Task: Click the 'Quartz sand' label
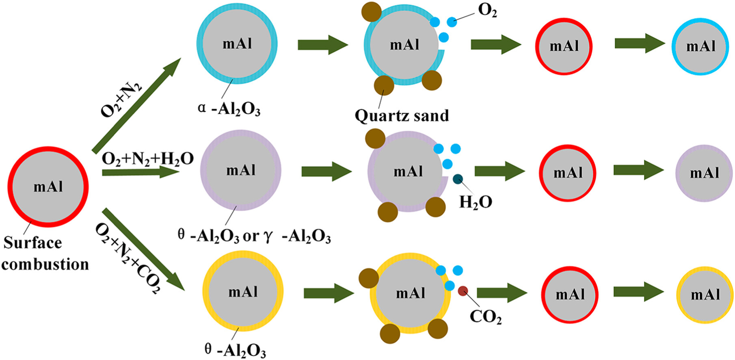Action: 402,116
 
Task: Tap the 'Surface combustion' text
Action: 45,254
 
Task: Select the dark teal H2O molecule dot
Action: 458,178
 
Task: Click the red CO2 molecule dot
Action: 463,291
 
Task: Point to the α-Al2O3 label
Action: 229,109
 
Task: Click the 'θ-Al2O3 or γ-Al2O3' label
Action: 254,236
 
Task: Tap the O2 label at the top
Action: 487,11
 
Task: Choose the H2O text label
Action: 476,202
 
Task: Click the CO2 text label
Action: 486,317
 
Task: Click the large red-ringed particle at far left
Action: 48,187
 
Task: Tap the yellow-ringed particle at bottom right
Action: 705,295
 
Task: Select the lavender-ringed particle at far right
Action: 704,173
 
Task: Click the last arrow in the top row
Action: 640,43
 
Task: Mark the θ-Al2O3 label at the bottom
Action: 235,350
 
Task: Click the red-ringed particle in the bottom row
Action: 570,295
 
